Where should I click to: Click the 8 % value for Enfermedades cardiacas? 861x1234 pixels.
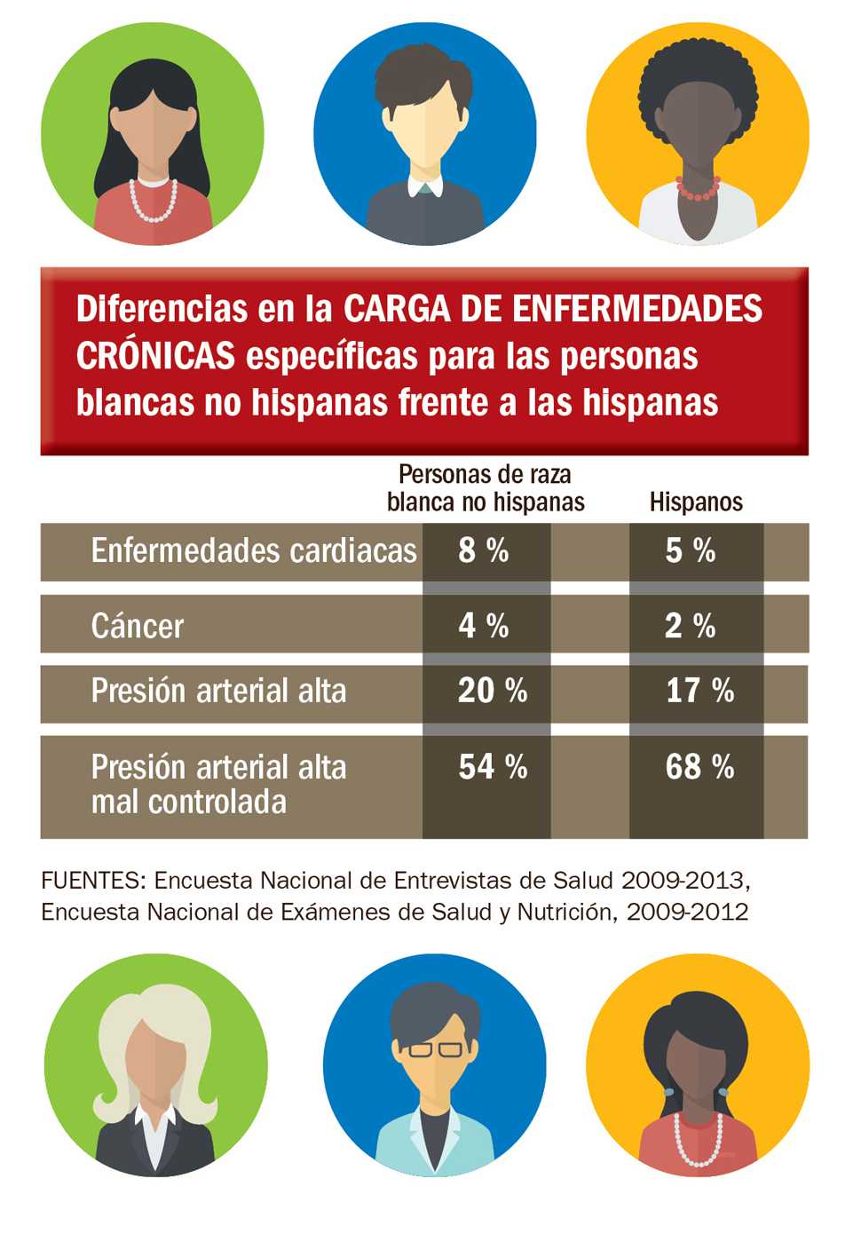coord(484,550)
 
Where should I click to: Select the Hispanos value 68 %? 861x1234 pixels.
coord(699,767)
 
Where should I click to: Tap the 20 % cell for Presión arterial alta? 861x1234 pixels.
coord(492,691)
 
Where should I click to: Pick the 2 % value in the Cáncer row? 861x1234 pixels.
coord(690,626)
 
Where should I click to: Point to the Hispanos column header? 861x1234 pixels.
coord(696,502)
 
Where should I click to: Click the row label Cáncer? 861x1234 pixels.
coord(138,627)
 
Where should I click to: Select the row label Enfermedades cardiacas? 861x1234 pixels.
coord(254,551)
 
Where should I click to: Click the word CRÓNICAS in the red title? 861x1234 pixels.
coord(155,356)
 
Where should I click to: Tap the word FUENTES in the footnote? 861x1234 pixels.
coord(92,881)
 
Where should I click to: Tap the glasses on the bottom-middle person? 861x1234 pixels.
coord(435,1049)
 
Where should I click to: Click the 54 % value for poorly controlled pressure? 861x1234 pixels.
coord(492,767)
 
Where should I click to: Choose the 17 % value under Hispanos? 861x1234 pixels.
coord(699,691)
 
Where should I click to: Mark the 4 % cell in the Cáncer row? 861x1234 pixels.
coord(484,626)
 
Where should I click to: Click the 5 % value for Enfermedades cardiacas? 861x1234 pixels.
coord(690,550)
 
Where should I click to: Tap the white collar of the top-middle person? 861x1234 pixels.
coord(424,187)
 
